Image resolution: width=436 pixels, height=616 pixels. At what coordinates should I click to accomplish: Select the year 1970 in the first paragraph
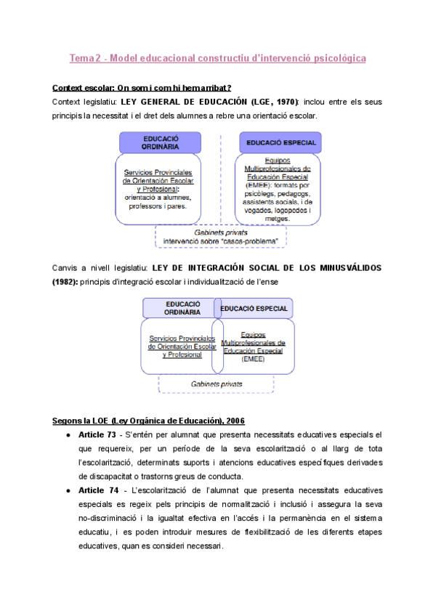click(x=286, y=102)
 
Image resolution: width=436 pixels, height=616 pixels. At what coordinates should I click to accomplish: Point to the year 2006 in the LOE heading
click(x=233, y=421)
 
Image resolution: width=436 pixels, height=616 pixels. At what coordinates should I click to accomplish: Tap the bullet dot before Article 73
click(x=68, y=434)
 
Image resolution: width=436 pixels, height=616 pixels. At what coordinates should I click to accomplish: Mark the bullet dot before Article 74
click(x=68, y=491)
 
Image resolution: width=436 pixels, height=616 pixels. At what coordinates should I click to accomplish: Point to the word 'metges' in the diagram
click(x=278, y=218)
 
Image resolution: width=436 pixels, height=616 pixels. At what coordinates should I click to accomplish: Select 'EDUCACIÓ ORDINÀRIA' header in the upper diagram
click(x=161, y=142)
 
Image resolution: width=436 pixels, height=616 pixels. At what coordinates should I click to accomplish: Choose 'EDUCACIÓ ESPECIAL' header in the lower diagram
click(x=254, y=308)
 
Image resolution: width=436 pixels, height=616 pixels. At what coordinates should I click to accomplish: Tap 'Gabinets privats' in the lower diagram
click(x=217, y=383)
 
